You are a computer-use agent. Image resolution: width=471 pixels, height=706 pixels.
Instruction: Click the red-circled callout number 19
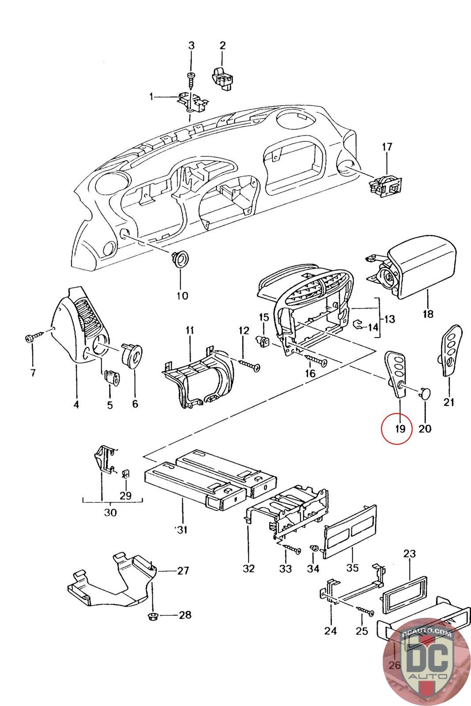[396, 428]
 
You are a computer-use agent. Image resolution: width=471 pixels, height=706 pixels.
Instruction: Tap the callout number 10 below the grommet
[182, 295]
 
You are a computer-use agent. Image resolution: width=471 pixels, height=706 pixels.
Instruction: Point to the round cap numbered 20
[425, 392]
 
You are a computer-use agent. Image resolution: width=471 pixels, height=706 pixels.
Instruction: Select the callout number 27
[183, 571]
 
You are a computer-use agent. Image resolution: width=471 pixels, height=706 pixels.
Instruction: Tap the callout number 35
[352, 567]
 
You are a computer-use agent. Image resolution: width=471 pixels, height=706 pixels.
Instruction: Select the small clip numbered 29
[125, 473]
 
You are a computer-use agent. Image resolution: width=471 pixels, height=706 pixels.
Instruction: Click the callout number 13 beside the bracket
[389, 319]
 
